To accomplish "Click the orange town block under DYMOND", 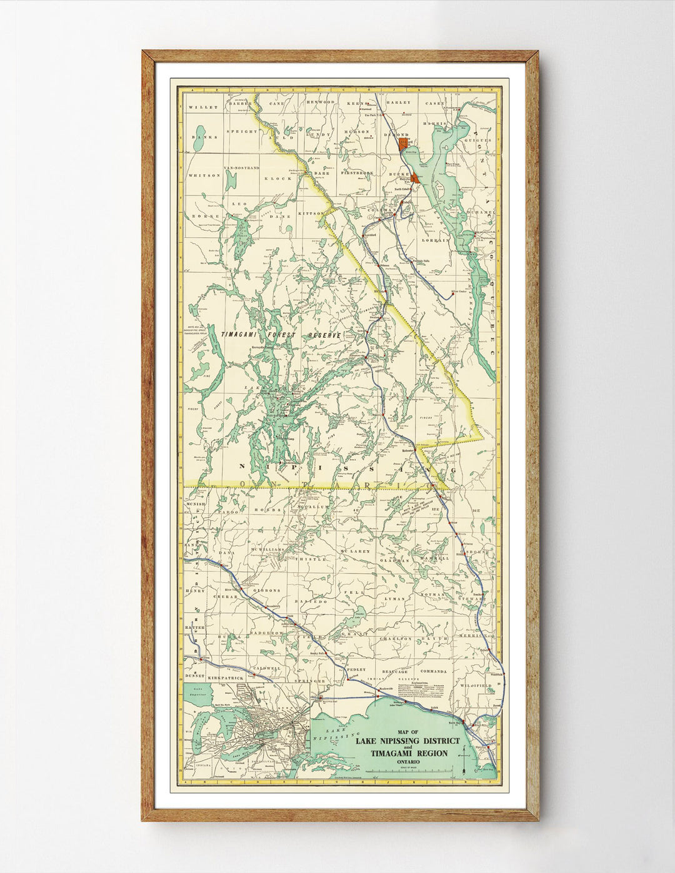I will click(x=404, y=144).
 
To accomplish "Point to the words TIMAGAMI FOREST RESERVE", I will click(x=281, y=335).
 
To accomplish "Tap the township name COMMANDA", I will click(x=433, y=671).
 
